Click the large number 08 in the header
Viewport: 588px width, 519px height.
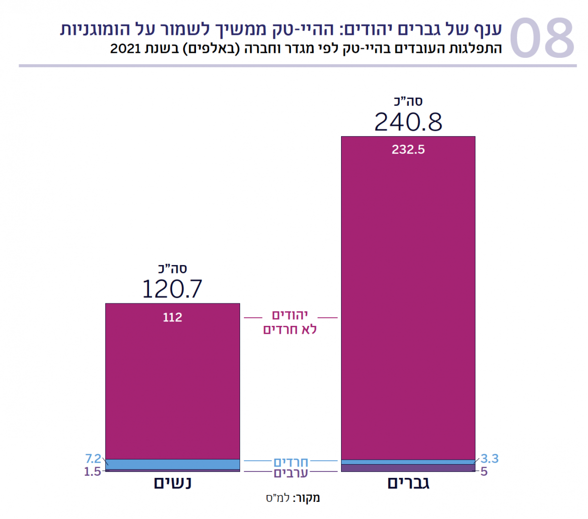coord(541,38)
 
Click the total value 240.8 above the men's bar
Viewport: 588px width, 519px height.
coord(408,122)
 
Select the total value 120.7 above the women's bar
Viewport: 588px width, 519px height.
coord(172,289)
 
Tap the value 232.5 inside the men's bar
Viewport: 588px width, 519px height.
coord(408,150)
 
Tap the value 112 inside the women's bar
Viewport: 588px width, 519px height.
coord(172,318)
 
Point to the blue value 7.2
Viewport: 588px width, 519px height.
coord(93,459)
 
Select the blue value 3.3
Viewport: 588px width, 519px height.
coord(489,459)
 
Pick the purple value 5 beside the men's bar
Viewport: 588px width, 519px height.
coord(484,472)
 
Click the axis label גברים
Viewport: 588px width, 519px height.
coord(408,483)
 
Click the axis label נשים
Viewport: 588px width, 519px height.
coord(172,483)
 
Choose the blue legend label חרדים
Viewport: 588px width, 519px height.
coord(291,462)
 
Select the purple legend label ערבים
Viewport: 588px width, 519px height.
coord(291,473)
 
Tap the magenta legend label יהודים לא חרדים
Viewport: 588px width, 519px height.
coord(290,322)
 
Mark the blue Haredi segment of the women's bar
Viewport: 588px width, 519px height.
coord(172,464)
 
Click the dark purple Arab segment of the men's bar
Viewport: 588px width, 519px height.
coord(408,468)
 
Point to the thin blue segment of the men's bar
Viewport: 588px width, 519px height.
coord(408,462)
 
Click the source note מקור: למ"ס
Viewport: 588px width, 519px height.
coord(293,498)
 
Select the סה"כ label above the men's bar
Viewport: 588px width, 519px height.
coord(408,102)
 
